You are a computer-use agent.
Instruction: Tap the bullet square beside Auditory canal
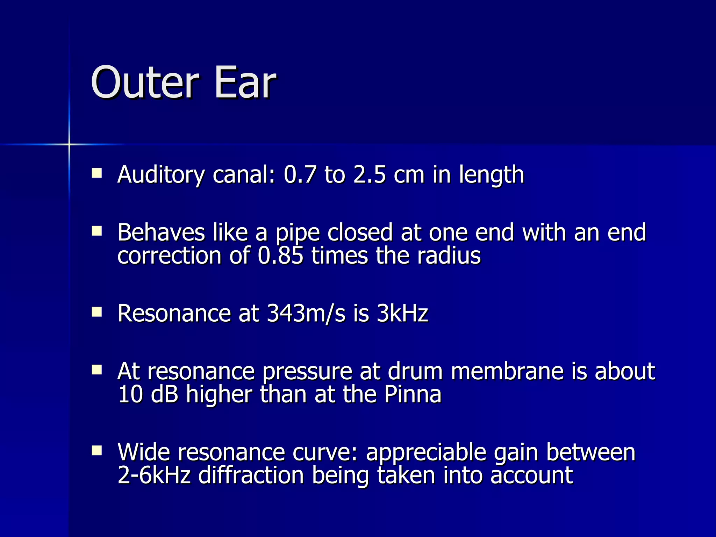pyautogui.click(x=96, y=173)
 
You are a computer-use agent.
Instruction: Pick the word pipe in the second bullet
pyautogui.click(x=298, y=234)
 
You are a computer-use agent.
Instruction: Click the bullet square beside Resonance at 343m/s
pyautogui.click(x=96, y=312)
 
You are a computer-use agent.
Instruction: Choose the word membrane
pyautogui.click(x=507, y=371)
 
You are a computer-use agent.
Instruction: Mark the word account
pyautogui.click(x=531, y=476)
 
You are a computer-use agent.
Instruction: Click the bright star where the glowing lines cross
pyautogui.click(x=69, y=144)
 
